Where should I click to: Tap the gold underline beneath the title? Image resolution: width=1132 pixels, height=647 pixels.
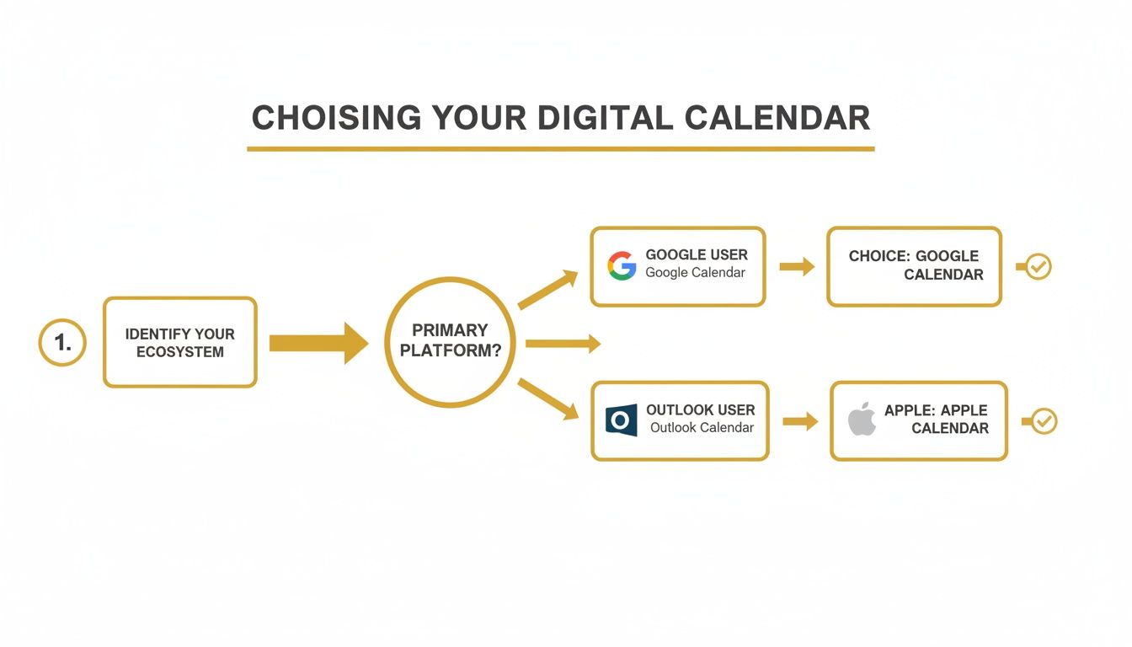(560, 149)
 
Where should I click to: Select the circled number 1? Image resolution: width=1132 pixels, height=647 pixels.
(62, 342)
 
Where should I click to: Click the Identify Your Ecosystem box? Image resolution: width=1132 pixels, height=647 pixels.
(179, 342)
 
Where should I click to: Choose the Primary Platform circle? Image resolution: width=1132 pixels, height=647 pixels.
(450, 342)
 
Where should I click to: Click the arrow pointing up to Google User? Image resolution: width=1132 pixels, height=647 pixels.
(547, 290)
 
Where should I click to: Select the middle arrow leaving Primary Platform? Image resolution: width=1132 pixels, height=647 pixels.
(562, 343)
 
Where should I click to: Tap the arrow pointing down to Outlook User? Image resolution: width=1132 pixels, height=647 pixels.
(547, 398)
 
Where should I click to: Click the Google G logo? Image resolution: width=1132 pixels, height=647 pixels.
(622, 265)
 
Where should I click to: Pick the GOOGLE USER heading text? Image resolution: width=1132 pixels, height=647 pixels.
(697, 254)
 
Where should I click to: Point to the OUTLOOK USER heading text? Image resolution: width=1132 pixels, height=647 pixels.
(701, 410)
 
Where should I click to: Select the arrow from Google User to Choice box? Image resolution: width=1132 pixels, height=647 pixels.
(797, 267)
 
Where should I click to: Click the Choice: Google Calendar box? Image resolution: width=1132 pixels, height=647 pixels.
(914, 265)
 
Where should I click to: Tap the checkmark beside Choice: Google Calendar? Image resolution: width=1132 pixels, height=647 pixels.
(1038, 267)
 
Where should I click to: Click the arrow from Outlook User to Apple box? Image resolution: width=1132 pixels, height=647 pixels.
(800, 421)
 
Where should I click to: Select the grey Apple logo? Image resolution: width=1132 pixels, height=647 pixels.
(862, 420)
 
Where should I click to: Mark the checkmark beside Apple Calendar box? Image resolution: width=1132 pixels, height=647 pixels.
(1043, 421)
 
